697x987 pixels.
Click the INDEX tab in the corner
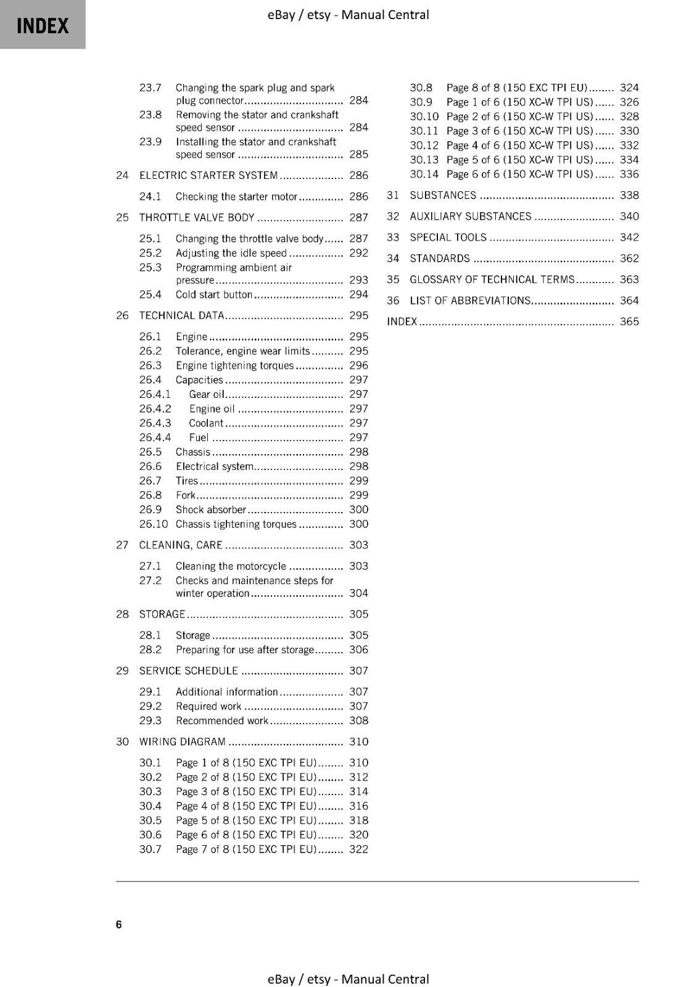tap(42, 25)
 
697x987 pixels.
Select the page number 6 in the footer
tap(118, 924)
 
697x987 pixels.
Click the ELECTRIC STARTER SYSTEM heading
tap(208, 175)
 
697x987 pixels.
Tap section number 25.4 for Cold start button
tap(150, 294)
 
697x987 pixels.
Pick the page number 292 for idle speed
tap(358, 253)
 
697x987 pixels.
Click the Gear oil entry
tap(206, 394)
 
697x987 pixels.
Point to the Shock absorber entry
tap(210, 510)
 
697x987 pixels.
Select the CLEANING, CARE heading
tap(180, 545)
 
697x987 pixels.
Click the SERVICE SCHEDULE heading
tap(188, 671)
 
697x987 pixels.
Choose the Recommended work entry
tap(222, 721)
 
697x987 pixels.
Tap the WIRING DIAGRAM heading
tap(182, 741)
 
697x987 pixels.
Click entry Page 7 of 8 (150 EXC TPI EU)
tap(245, 849)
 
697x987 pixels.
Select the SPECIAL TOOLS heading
tap(448, 237)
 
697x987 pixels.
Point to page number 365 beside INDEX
tap(629, 321)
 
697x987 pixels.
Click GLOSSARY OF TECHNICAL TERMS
tap(492, 279)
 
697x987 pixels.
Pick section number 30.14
tap(424, 174)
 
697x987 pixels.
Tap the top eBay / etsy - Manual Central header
tap(348, 14)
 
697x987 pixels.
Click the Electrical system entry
tap(214, 466)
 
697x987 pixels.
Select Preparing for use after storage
tap(244, 650)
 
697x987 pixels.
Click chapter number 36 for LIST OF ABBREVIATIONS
tap(393, 300)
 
